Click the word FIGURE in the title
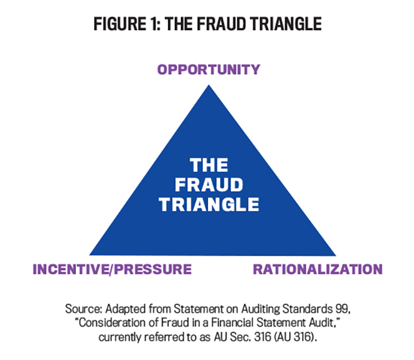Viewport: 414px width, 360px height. pos(120,24)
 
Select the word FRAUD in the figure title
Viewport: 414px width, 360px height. pos(221,24)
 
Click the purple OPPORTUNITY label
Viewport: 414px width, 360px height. pos(209,69)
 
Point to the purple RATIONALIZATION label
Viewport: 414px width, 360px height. pos(318,269)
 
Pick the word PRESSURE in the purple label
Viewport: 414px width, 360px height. pos(154,269)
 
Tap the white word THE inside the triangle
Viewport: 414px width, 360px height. pos(209,165)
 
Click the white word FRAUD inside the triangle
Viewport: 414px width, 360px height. pos(209,184)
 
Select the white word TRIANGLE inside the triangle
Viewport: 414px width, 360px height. pos(209,205)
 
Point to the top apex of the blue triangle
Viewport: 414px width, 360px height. pos(209,85)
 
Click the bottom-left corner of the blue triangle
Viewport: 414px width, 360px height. pos(90,255)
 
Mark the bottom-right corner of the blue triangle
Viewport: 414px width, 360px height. pos(336,255)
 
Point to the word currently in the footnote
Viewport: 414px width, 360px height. pos(120,337)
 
